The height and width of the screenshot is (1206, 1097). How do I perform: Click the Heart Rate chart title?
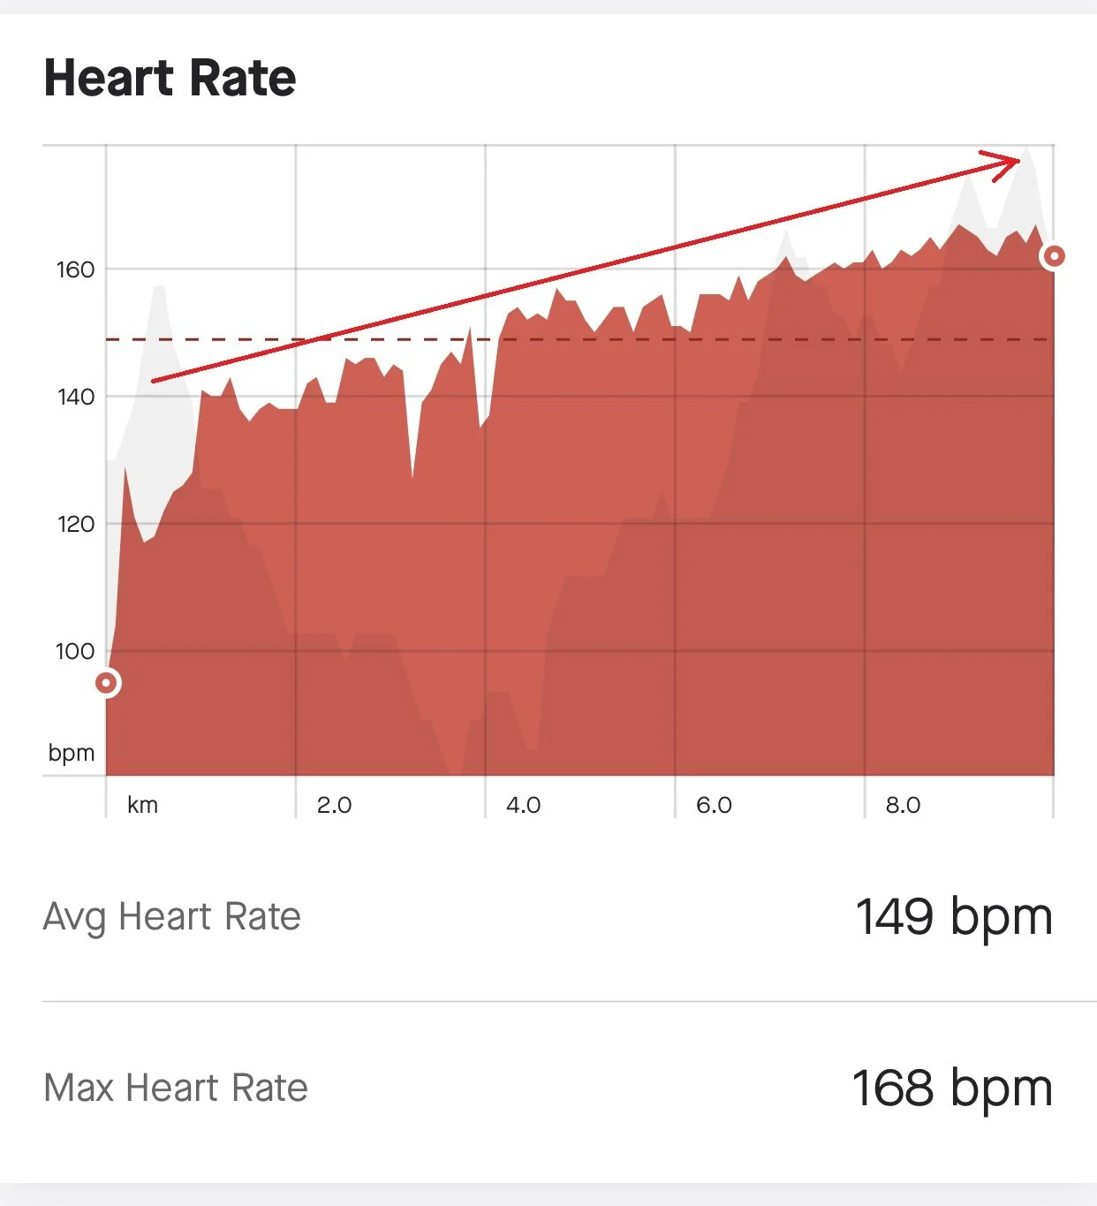(x=170, y=78)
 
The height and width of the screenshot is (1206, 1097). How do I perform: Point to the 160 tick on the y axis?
(x=75, y=269)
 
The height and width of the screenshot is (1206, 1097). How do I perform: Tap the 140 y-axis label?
(x=75, y=397)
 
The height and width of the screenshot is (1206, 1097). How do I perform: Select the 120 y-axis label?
(x=75, y=524)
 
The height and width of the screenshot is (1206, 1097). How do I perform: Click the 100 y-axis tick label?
(x=75, y=652)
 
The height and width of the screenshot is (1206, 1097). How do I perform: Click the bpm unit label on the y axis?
(x=72, y=753)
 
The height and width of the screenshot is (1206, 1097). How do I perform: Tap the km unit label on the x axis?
(x=142, y=805)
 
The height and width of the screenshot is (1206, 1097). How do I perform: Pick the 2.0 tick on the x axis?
(x=334, y=805)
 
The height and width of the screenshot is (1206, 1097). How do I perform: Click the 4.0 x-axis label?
(x=523, y=805)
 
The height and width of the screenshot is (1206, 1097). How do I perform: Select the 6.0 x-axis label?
(x=714, y=805)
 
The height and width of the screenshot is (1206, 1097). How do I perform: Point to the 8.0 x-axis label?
(x=903, y=805)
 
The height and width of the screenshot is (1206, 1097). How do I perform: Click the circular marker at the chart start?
(x=107, y=683)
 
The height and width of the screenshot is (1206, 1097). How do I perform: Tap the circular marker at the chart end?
(x=1053, y=257)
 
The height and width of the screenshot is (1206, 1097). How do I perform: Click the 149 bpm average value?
(x=954, y=917)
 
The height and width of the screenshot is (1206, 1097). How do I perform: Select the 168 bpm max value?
(x=952, y=1088)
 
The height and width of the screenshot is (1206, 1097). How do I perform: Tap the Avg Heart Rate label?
(x=172, y=917)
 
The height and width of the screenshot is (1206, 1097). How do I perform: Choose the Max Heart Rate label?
(x=176, y=1088)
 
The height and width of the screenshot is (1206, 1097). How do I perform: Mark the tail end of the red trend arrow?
(x=154, y=381)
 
